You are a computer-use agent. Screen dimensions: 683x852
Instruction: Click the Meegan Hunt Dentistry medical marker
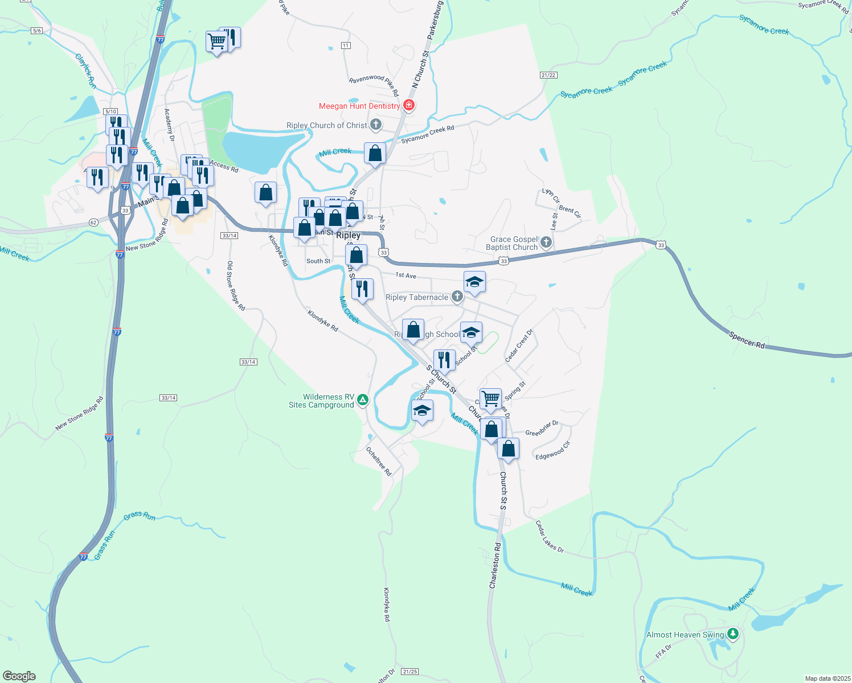[408, 105]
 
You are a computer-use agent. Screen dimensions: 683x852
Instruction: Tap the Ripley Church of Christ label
[326, 125]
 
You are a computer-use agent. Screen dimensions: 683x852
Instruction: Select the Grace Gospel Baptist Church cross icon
[546, 242]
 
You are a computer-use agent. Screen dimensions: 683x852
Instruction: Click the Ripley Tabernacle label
[416, 297]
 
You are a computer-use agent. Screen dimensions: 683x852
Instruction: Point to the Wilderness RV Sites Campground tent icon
[363, 400]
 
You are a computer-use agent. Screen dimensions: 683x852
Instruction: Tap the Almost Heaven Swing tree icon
[733, 633]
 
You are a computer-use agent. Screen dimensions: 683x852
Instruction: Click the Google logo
[19, 676]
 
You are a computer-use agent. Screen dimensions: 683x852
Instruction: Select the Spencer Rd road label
[747, 340]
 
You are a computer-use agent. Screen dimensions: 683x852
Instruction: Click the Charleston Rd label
[494, 565]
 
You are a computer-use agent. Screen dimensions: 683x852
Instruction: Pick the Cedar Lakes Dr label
[549, 536]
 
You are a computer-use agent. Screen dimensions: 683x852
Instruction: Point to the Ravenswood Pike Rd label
[374, 83]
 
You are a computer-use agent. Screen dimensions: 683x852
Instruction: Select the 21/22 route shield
[548, 75]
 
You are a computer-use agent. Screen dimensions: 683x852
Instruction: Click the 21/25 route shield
[409, 672]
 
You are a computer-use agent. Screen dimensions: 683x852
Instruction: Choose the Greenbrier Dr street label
[542, 429]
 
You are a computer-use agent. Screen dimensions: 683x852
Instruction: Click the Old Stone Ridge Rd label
[236, 286]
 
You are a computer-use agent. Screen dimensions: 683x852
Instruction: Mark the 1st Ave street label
[406, 275]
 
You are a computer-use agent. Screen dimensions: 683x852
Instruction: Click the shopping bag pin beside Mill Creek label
[375, 153]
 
